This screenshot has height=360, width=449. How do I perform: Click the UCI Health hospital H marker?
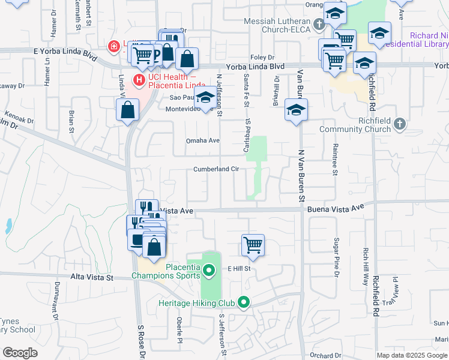(x=139, y=79)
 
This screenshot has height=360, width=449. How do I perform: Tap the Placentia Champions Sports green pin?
(x=209, y=271)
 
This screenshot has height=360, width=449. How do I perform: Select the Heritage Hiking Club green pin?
(x=243, y=302)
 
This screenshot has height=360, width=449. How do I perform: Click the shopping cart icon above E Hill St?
(x=253, y=245)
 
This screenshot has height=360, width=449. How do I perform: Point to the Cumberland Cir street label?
(x=216, y=169)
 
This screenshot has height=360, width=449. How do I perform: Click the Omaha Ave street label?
(x=202, y=141)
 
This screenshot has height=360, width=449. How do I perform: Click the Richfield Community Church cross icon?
(x=401, y=124)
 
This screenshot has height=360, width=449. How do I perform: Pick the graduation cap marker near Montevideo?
(x=206, y=97)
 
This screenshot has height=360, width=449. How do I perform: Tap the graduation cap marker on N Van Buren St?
(x=296, y=110)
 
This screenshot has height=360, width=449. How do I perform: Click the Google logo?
(x=20, y=353)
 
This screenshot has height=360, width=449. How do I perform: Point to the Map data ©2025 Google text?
(x=412, y=355)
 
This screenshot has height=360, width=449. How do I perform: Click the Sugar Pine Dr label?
(x=337, y=252)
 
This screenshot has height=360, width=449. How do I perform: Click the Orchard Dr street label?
(x=325, y=355)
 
